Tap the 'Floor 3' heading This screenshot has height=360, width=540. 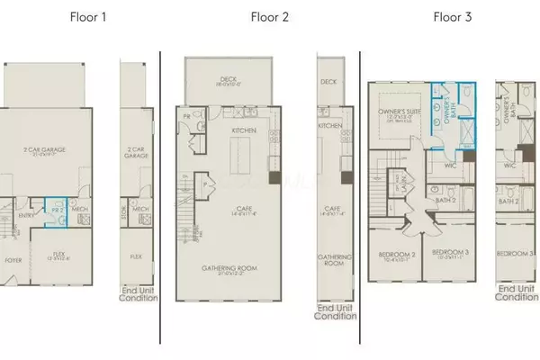(x=453, y=15)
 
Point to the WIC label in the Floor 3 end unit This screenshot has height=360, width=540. (x=509, y=166)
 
